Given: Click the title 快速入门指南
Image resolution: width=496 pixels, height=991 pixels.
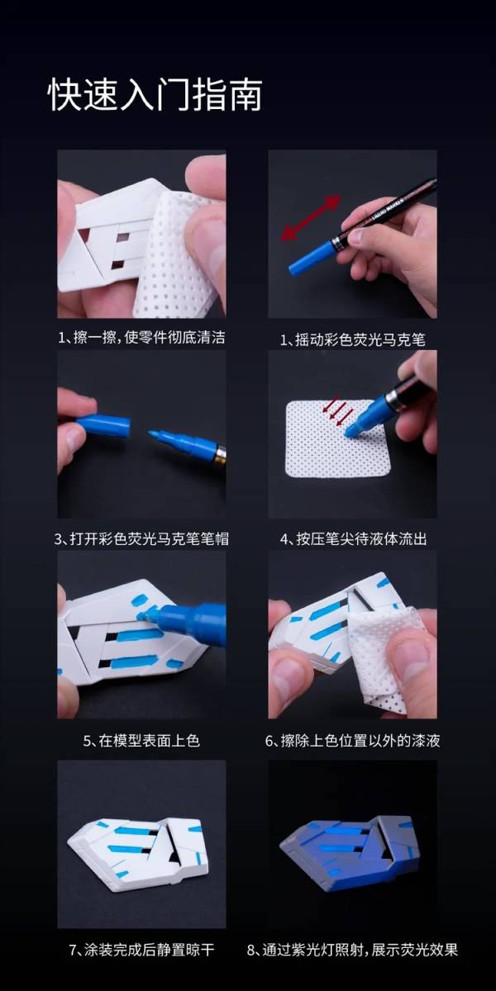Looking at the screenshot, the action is pos(155,94).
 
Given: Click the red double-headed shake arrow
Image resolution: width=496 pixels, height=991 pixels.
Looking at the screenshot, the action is pos(311,218).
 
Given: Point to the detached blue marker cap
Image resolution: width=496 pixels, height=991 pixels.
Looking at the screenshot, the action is pos(104,425).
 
